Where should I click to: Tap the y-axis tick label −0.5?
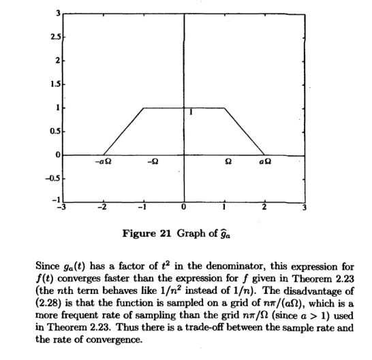(52, 179)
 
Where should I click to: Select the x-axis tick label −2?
(102, 207)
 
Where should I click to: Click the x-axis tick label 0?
(184, 207)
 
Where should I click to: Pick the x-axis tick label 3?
(305, 207)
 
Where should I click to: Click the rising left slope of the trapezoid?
(123, 131)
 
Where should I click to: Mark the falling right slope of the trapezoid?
(245, 131)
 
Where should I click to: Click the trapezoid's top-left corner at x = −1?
(144, 108)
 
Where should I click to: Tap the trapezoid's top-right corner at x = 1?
(224, 108)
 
